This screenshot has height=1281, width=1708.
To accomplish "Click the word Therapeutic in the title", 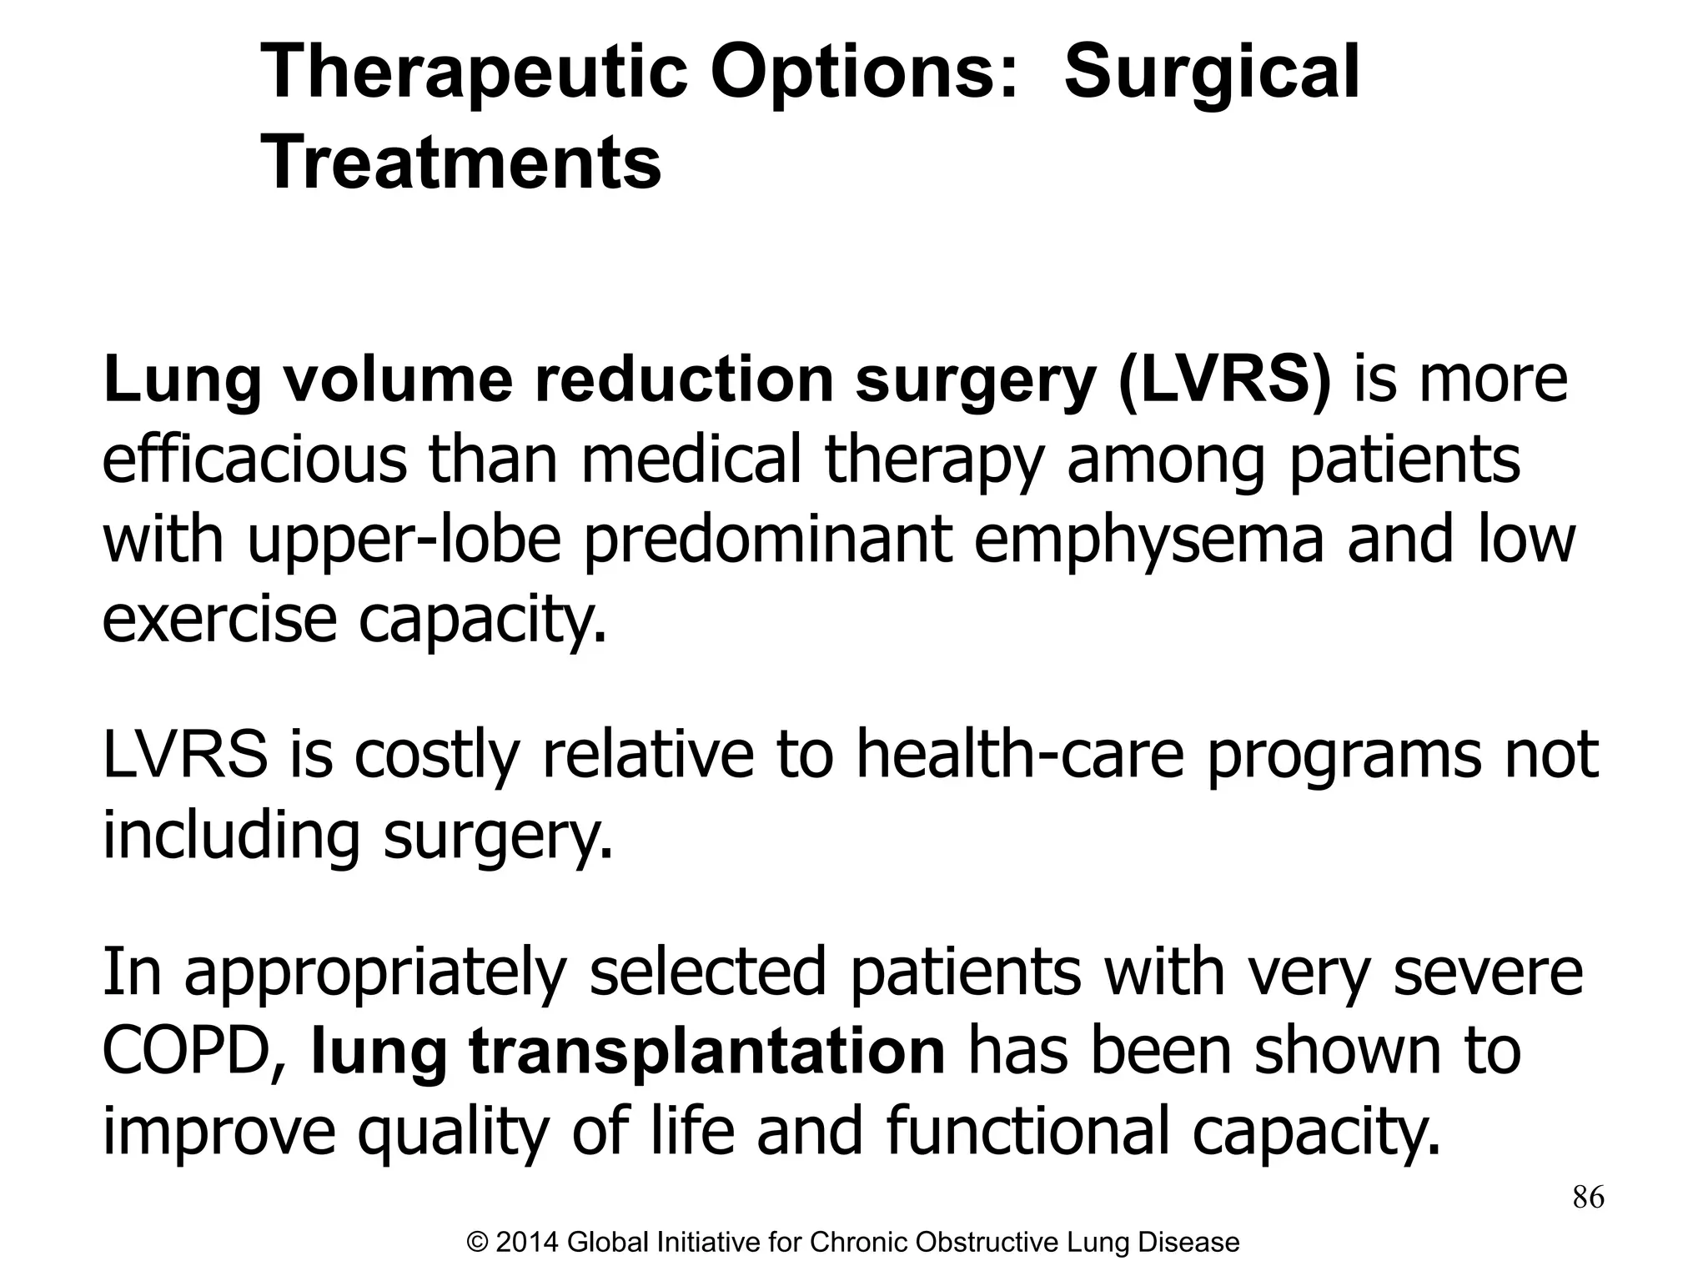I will click(x=473, y=73).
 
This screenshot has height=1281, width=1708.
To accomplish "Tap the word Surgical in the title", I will click(x=1212, y=73).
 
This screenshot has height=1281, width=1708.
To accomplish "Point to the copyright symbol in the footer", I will click(x=477, y=1243).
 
